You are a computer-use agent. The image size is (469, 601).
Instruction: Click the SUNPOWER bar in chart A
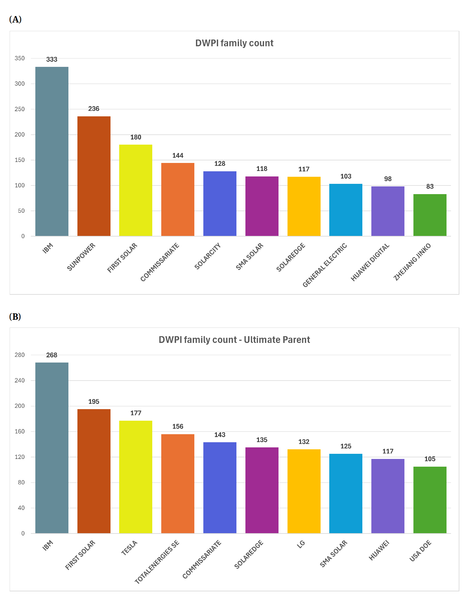(x=94, y=176)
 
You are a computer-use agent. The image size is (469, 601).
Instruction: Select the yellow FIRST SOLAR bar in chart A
(x=136, y=190)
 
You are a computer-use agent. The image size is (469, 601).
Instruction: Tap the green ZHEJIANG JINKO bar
(x=430, y=215)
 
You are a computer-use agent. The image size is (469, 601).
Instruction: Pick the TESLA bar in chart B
(x=136, y=477)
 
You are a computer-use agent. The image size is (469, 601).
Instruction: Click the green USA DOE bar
(x=430, y=500)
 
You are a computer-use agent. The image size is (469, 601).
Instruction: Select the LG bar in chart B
(x=304, y=491)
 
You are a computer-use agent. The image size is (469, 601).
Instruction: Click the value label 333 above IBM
(x=52, y=59)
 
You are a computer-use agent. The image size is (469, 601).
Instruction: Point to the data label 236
(x=94, y=109)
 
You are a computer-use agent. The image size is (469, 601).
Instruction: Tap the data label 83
(x=430, y=186)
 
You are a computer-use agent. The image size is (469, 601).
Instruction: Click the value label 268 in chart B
(x=52, y=355)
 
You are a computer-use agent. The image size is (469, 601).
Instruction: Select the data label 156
(x=178, y=426)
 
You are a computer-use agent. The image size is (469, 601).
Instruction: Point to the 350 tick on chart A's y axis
(x=20, y=58)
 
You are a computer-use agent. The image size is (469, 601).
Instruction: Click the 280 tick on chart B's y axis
(x=20, y=355)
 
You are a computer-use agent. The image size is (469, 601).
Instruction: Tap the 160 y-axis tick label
(x=20, y=431)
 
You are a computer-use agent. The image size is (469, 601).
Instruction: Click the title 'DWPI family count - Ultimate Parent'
(x=234, y=340)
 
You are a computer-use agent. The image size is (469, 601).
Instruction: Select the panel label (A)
(x=15, y=20)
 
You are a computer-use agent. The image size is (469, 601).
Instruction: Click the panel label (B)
(x=15, y=317)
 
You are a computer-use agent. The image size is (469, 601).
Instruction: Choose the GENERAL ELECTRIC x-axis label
(x=325, y=265)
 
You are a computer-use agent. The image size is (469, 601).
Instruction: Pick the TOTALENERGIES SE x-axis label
(x=157, y=562)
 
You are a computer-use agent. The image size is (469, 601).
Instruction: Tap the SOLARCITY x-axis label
(x=208, y=256)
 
